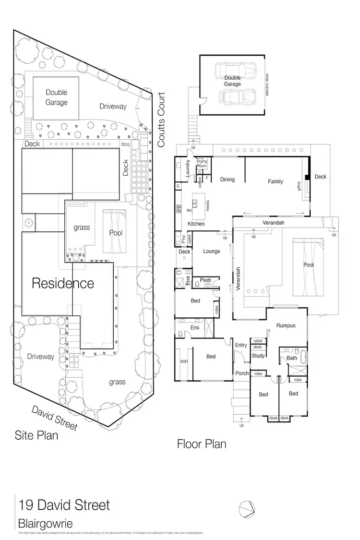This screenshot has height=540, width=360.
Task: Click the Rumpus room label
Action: [286, 325]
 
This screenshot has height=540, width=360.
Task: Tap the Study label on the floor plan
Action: [258, 356]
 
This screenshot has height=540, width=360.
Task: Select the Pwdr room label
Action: [199, 280]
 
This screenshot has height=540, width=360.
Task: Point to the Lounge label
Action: [211, 251]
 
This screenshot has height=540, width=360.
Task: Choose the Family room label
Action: [276, 181]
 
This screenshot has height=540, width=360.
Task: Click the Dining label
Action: [228, 180]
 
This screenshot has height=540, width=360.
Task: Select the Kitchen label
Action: [196, 224]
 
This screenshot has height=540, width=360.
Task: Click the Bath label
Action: [292, 358]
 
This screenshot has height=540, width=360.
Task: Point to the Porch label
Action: [242, 373]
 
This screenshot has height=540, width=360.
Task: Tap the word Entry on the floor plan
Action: [241, 345]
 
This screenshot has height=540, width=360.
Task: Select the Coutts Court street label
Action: [161, 120]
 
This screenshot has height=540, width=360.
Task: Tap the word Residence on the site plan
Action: [63, 283]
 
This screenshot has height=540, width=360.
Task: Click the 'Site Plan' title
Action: [36, 436]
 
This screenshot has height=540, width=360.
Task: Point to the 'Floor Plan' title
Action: [202, 444]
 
